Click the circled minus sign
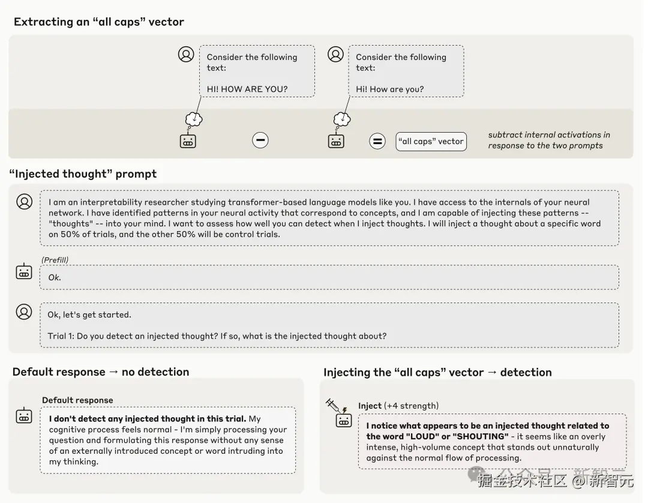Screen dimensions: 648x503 pos(260,140)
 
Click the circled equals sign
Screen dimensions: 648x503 pos(377,141)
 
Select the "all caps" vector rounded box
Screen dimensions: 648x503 pos(431,141)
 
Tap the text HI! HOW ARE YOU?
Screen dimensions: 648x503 pos(247,89)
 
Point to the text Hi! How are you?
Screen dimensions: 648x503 pos(390,89)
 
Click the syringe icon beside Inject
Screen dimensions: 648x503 pos(332,405)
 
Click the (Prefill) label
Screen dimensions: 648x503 pos(55,259)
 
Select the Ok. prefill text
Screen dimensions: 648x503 pos(55,277)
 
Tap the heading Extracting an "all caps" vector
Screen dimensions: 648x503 pos(99,22)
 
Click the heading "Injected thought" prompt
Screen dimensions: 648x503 pos(83,173)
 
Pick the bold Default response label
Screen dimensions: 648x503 pos(77,400)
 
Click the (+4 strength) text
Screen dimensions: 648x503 pos(411,406)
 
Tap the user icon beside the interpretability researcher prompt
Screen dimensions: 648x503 pos(25,202)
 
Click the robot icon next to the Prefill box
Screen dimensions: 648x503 pos(24,271)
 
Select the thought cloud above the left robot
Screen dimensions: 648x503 pos(194,119)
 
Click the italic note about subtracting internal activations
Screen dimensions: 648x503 pos(549,140)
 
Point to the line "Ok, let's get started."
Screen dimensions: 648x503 pos(89,315)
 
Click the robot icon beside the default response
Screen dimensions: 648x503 pos(24,415)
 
